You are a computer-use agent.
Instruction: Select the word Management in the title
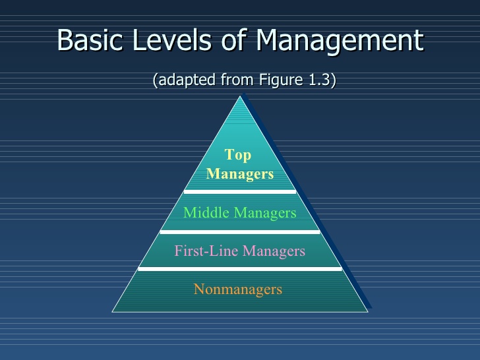[x=339, y=42]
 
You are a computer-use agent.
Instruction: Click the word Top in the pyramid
[x=238, y=155]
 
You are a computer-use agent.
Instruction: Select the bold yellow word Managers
[x=240, y=174]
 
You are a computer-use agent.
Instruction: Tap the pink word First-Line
[x=206, y=251]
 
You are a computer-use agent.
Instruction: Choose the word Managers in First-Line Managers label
[x=274, y=251]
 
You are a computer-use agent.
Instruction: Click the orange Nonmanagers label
[x=238, y=289]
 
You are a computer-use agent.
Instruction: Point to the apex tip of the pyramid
[x=240, y=96]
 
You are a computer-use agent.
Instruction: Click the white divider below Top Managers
[x=240, y=191]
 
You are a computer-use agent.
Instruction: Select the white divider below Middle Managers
[x=240, y=231]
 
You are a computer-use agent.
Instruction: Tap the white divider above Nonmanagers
[x=240, y=268]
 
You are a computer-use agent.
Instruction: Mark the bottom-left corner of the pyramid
[x=113, y=311]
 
